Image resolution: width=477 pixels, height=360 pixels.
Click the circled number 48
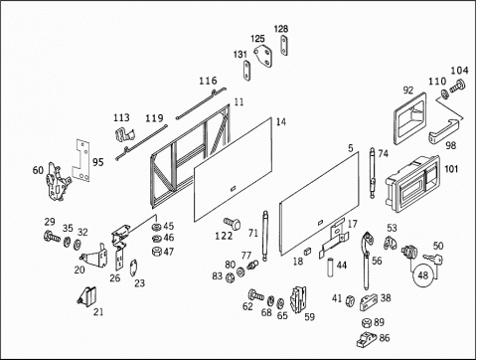[x=422, y=275]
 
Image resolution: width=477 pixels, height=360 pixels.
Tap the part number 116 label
[x=208, y=81]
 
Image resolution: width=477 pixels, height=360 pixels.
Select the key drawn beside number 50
[x=433, y=259]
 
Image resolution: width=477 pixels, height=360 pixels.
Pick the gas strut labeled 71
[x=265, y=236]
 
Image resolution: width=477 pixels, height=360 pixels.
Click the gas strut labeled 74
[x=373, y=173]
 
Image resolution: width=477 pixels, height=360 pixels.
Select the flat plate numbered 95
[x=81, y=160]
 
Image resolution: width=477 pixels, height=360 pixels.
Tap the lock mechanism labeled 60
[x=58, y=181]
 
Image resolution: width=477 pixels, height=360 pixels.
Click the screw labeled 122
[x=232, y=223]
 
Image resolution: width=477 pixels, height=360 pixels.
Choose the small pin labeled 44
[x=331, y=268]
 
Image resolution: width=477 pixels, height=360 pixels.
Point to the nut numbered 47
[x=156, y=251]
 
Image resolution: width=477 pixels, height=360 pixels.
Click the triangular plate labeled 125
[x=263, y=57]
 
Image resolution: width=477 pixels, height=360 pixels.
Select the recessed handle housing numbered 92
[x=409, y=118]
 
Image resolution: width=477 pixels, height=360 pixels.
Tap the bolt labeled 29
[x=52, y=236]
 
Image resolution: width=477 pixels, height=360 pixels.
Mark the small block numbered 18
[x=307, y=251]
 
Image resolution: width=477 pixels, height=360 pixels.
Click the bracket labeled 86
[x=367, y=339]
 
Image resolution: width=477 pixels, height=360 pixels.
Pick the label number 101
[x=451, y=169]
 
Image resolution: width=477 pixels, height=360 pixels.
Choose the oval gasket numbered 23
[x=133, y=268]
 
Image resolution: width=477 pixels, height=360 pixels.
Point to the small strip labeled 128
[x=284, y=46]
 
